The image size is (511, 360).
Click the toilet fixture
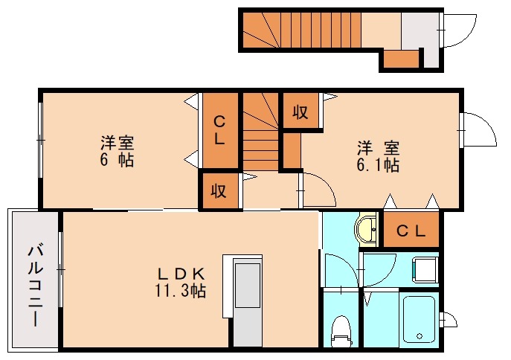(341, 330)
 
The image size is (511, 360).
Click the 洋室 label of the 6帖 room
(117, 143)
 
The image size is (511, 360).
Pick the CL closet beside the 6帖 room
(220, 130)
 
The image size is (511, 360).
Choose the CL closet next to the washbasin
(411, 231)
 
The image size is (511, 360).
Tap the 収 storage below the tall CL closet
(218, 190)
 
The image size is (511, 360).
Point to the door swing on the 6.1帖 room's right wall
(477, 129)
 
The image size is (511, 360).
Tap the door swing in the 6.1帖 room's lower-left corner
(315, 189)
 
